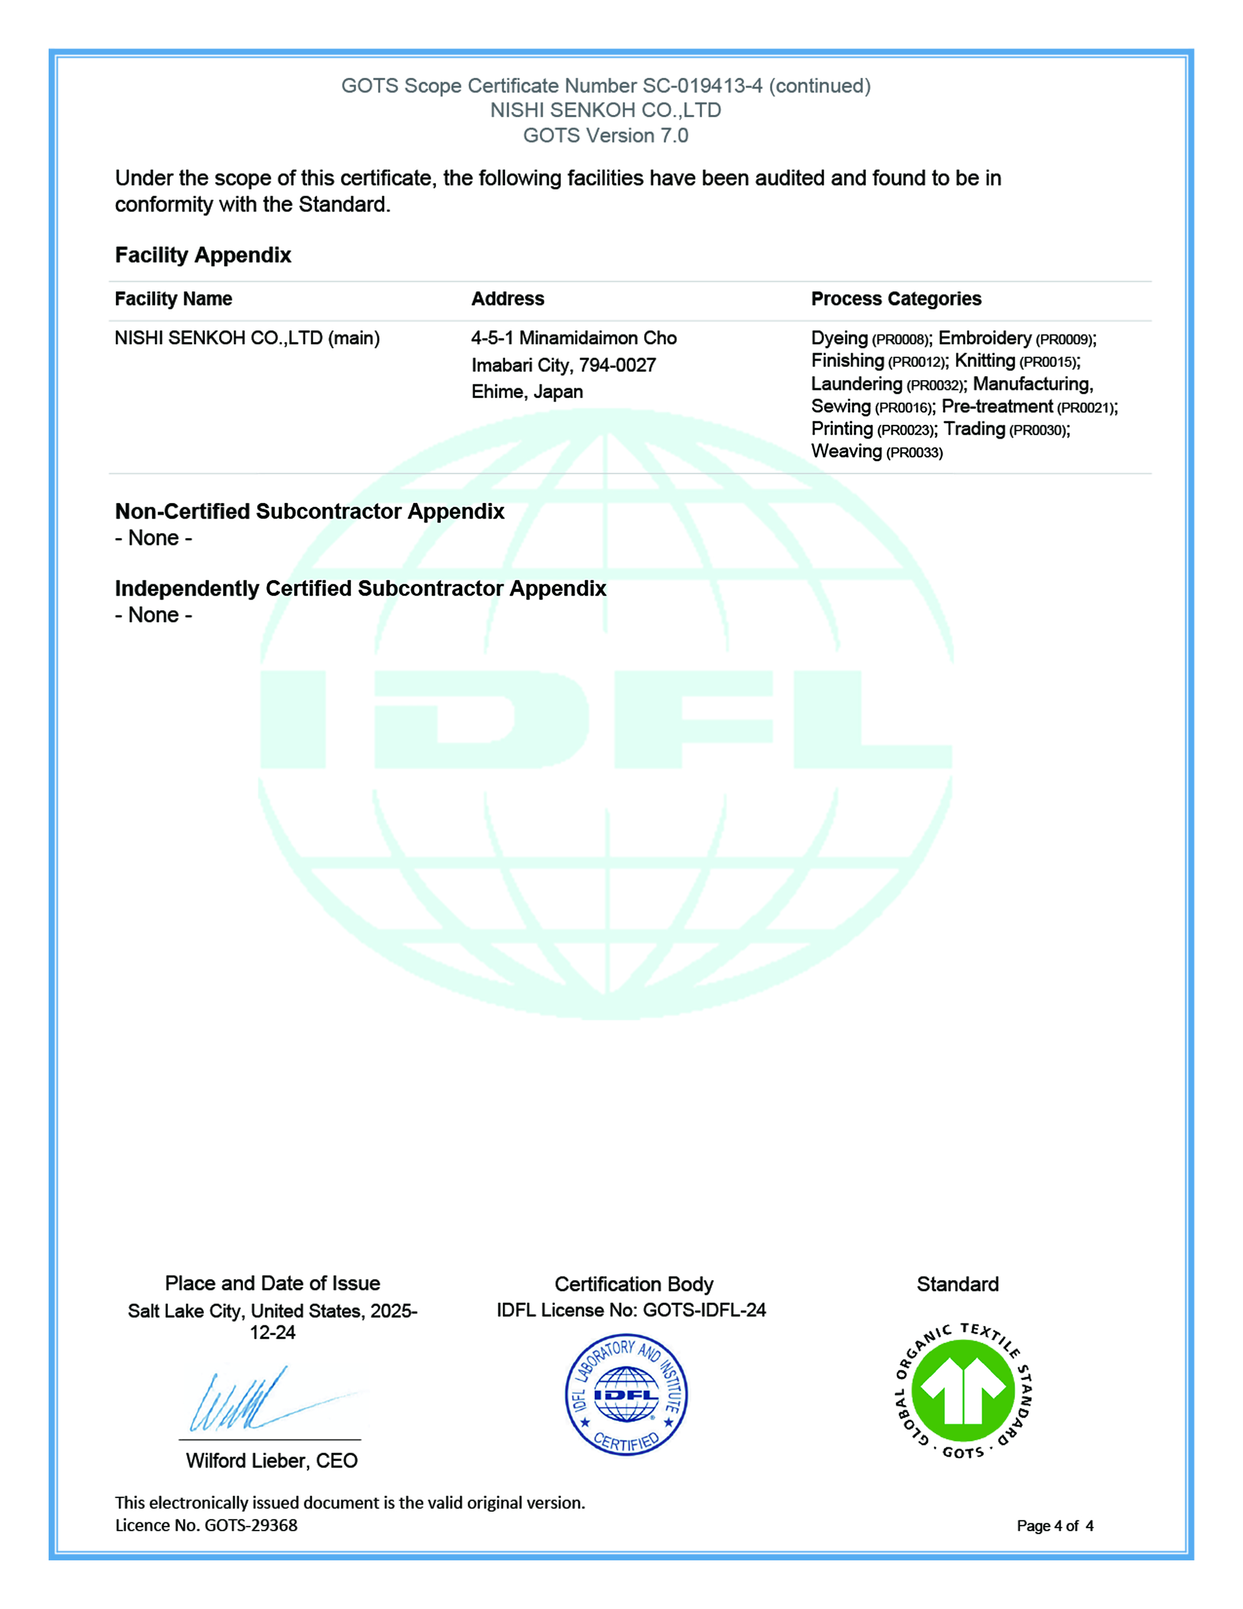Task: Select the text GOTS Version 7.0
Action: [x=605, y=135]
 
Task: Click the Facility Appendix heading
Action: [x=202, y=255]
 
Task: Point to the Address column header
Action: [x=507, y=298]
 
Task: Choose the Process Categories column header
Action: [x=896, y=298]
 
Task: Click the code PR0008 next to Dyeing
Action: [x=900, y=339]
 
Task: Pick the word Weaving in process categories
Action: [x=846, y=451]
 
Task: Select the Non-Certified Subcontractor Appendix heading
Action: [x=309, y=511]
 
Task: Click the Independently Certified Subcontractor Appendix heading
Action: [x=360, y=589]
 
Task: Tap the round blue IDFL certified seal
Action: [x=626, y=1394]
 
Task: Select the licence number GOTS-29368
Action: [x=251, y=1525]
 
